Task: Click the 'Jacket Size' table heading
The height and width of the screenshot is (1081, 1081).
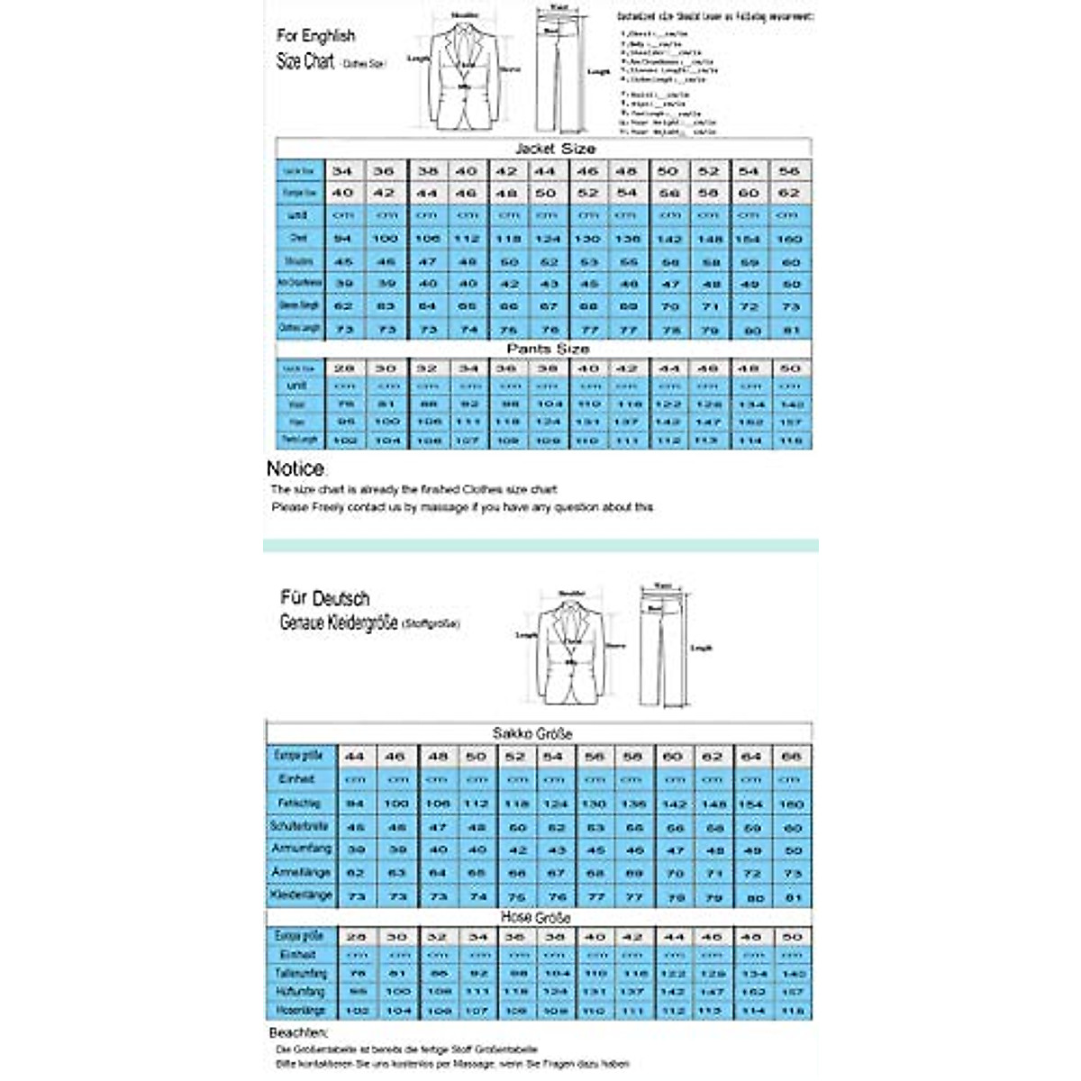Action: coord(555,149)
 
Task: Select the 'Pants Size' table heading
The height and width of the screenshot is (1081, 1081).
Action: coord(548,349)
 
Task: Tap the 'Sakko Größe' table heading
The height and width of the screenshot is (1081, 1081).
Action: coord(532,733)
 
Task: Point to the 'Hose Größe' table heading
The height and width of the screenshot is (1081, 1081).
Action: coord(535,917)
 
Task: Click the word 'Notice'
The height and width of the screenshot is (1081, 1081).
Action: coord(295,468)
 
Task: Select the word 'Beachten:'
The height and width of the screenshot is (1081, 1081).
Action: coord(298,1032)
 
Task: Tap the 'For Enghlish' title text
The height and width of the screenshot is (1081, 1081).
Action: coord(315,36)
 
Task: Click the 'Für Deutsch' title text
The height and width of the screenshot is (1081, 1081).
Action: coord(324,598)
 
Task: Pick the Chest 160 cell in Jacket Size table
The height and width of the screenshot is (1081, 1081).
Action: coord(789,239)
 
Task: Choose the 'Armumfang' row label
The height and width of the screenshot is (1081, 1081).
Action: coord(302,849)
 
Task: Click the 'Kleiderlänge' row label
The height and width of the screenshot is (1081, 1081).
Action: coord(302,895)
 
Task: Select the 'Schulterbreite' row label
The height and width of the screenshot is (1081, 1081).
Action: coord(300,825)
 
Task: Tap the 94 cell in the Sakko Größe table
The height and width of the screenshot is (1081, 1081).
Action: coord(355,803)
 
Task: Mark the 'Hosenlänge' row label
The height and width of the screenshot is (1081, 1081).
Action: coord(300,1011)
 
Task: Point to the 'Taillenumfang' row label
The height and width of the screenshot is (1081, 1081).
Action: coord(301,974)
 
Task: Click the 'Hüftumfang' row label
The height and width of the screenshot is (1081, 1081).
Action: coord(300,992)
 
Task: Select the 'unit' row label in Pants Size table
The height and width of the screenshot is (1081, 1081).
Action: coord(297,386)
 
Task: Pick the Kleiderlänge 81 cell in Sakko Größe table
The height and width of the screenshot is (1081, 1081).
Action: coord(792,897)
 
